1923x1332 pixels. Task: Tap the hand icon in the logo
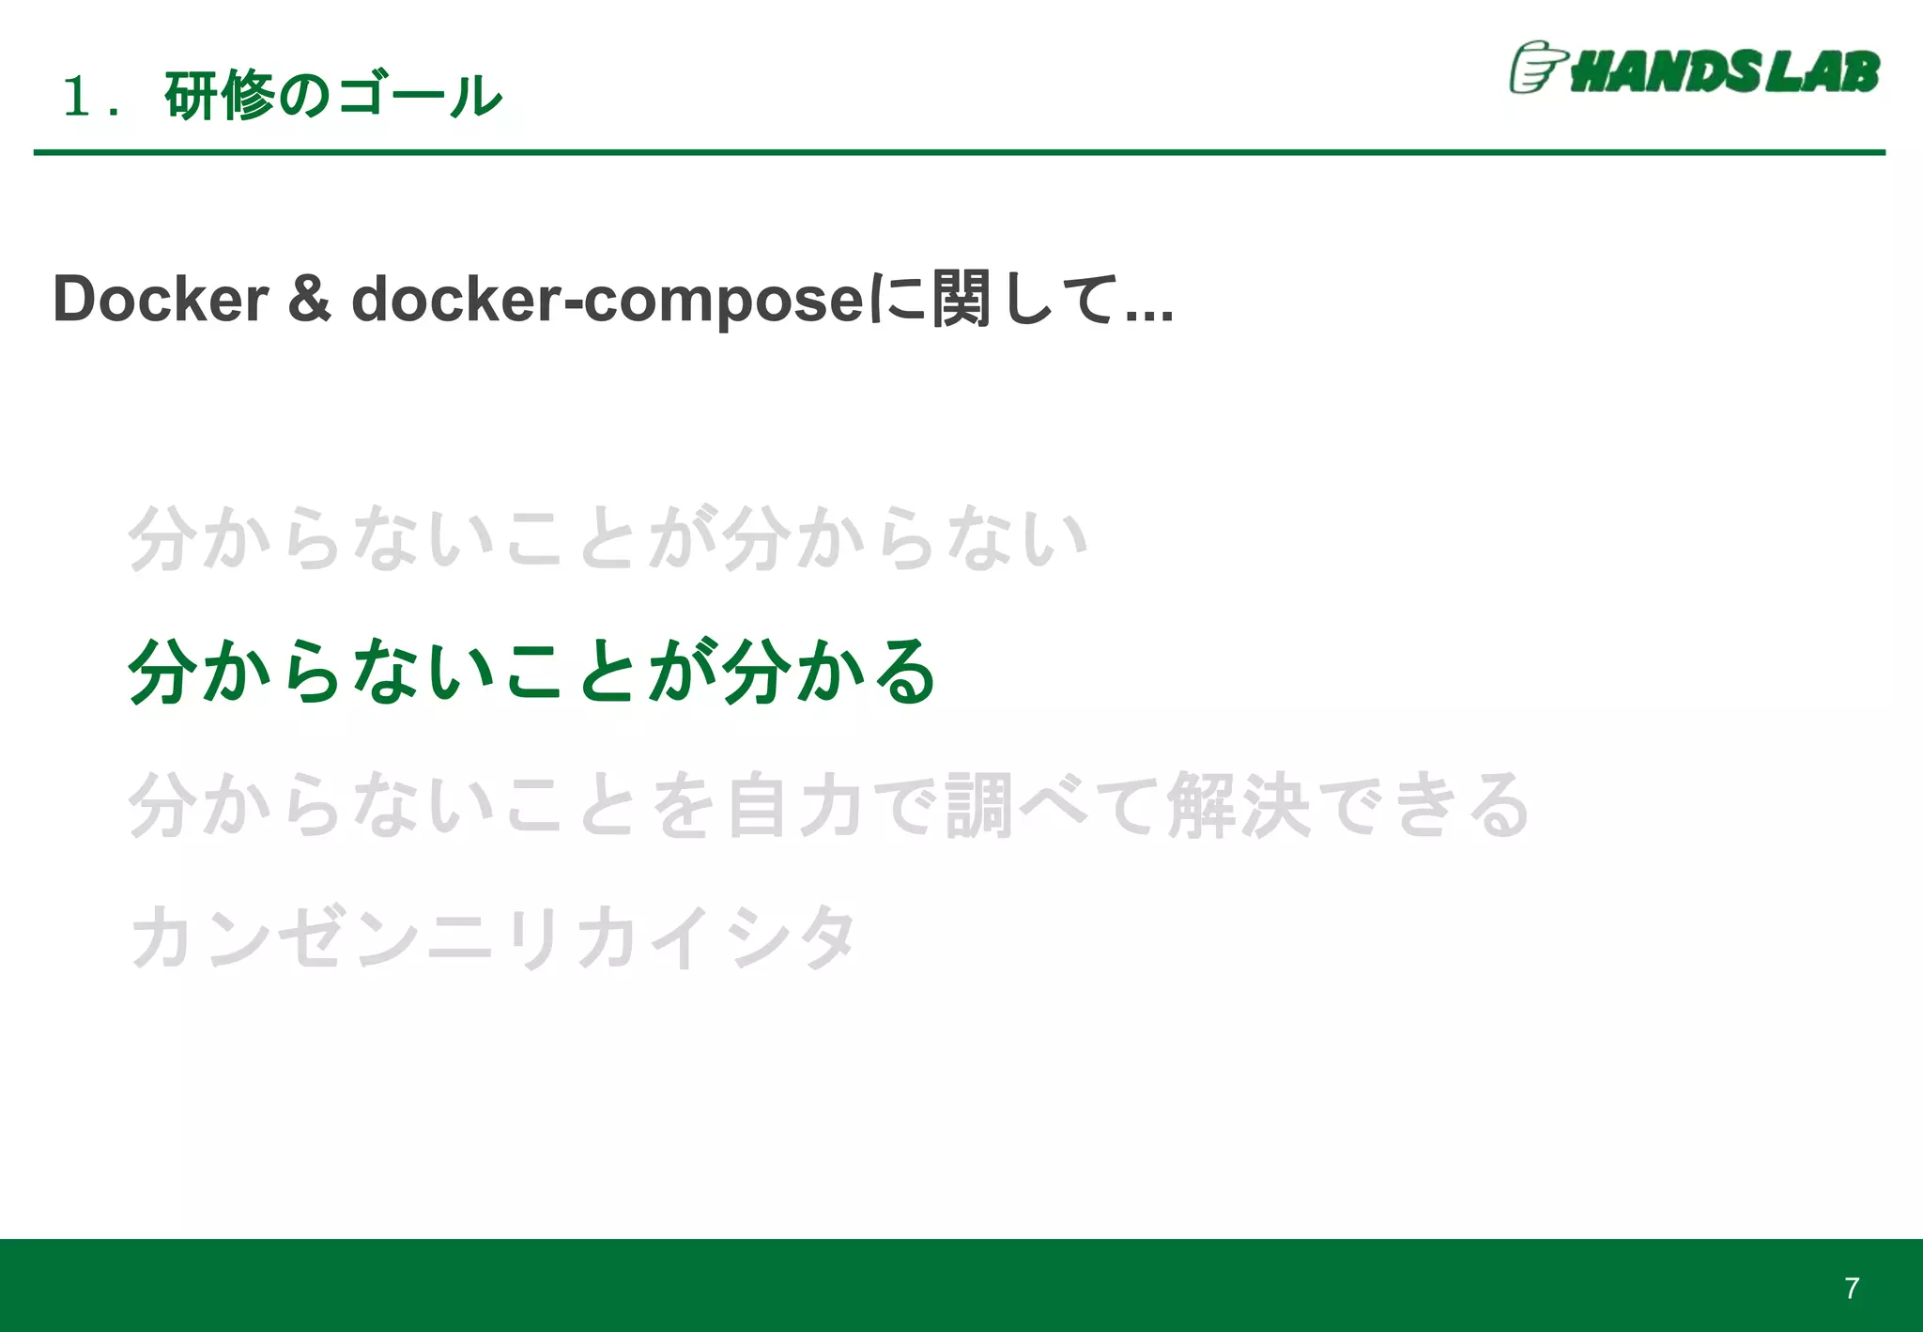click(x=1536, y=68)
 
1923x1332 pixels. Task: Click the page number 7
click(x=1851, y=1288)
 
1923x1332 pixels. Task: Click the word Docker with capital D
click(x=161, y=300)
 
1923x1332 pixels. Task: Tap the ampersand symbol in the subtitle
click(x=309, y=300)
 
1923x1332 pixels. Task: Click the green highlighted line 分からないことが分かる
click(x=531, y=672)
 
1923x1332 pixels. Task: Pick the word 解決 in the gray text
click(x=1238, y=805)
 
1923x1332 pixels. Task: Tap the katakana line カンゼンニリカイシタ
click(x=494, y=937)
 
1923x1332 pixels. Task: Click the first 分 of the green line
click(x=162, y=672)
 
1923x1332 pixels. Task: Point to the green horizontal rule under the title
click(x=959, y=152)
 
